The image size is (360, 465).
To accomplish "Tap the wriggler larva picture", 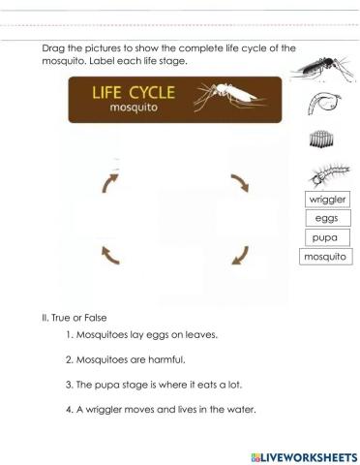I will point(325,175).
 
